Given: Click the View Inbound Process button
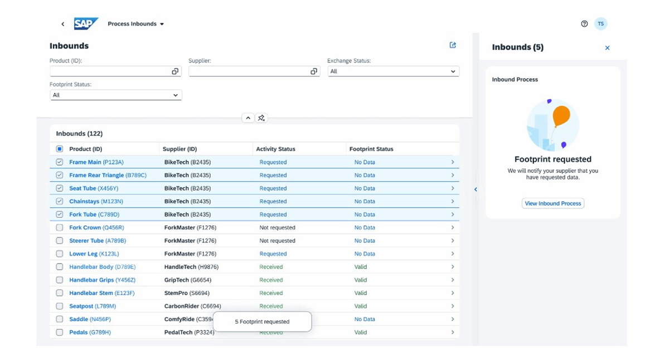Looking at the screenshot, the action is click(553, 203).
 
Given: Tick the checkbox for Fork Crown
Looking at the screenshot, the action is click(60, 227).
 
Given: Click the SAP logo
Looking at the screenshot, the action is click(86, 23).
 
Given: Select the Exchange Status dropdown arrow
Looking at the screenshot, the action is click(453, 71).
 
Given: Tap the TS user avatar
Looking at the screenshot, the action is click(600, 23).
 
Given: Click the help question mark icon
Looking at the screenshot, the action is click(584, 23).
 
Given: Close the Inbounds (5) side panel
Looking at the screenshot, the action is click(607, 48).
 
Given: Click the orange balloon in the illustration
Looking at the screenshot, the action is click(561, 116).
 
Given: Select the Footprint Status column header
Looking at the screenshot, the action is click(371, 149).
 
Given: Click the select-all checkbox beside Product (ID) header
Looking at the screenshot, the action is click(60, 149).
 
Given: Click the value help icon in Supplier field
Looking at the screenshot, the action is click(313, 71).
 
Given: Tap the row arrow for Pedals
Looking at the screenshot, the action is click(453, 332).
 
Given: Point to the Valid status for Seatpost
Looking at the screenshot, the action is click(361, 307).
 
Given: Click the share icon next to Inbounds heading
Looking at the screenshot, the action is click(453, 45).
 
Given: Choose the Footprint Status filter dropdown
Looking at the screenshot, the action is click(116, 95).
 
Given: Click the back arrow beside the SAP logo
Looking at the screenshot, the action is click(62, 24).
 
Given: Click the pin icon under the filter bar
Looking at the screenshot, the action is click(261, 118).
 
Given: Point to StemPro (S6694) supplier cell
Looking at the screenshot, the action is click(187, 293).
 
